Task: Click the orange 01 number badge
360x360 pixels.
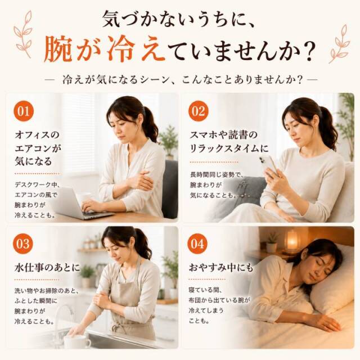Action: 24,111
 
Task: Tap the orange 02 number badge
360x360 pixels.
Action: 198,111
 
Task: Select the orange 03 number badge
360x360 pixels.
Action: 23,244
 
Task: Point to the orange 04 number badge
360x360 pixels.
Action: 197,244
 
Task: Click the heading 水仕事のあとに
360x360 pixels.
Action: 47,268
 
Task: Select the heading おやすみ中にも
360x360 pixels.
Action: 221,268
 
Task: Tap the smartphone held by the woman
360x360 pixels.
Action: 269,164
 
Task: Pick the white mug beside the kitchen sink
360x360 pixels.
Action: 76,341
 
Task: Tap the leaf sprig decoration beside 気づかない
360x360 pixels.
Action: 23,34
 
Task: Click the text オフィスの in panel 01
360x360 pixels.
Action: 37,135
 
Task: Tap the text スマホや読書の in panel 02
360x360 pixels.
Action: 223,135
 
